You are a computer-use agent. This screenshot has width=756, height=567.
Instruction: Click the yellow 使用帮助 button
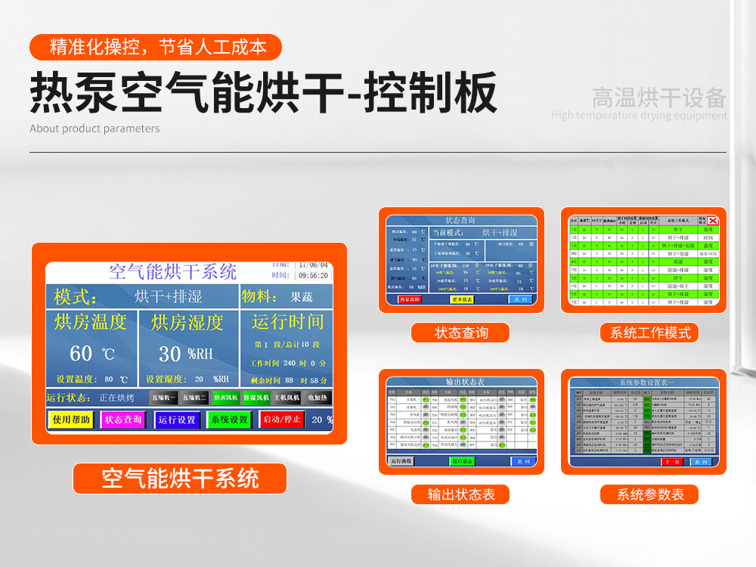click(71, 420)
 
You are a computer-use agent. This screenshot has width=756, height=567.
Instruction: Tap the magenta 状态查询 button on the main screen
click(123, 420)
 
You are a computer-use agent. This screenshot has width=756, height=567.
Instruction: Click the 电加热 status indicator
click(318, 398)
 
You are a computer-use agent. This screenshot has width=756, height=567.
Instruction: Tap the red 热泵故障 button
click(409, 299)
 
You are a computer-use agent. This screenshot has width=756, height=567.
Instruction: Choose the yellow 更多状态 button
click(461, 299)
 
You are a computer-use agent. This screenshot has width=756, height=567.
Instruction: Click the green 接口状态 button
click(461, 461)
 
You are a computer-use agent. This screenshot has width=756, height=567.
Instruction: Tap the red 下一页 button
click(671, 461)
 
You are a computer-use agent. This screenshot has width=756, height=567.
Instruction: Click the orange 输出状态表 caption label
click(460, 494)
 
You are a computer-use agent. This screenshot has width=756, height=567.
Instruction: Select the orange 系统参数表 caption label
click(649, 494)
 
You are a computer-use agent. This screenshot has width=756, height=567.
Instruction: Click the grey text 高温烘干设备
click(658, 98)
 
